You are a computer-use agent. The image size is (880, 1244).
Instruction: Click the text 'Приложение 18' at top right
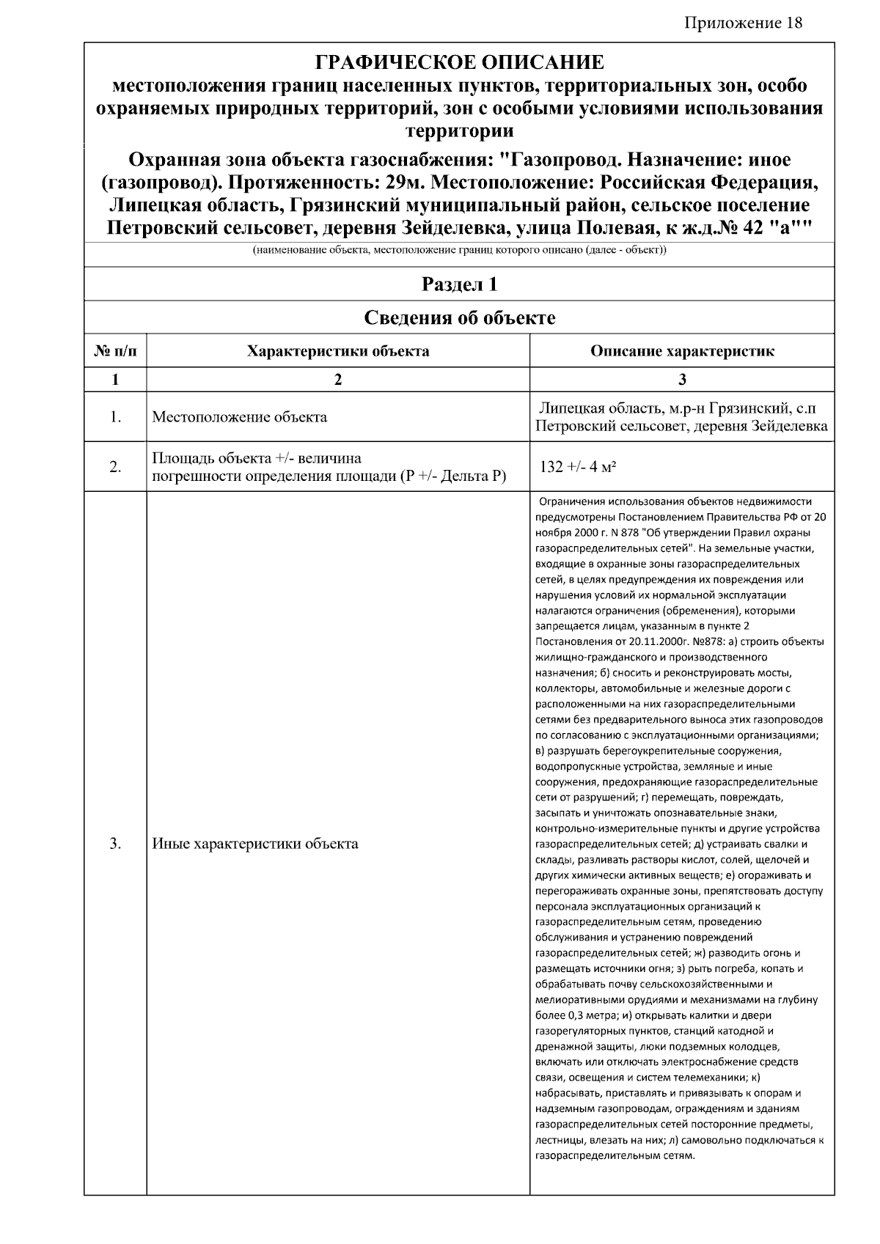coord(744,23)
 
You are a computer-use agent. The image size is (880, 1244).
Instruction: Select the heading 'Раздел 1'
coord(459,284)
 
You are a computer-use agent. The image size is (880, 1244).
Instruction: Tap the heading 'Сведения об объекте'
coord(459,317)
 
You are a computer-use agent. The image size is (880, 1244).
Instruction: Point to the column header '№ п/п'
coord(115,351)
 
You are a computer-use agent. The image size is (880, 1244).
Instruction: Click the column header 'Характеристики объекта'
coord(338,351)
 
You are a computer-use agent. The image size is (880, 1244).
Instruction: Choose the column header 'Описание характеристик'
coord(682,351)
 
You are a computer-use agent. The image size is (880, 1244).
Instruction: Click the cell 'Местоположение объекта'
coord(239,418)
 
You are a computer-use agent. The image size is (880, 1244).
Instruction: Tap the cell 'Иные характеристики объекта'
coord(254,844)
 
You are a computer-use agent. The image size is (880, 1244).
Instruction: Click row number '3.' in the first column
coord(115,844)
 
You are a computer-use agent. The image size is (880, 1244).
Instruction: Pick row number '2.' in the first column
coord(115,467)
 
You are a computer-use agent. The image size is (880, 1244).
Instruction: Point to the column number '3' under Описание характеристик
coord(682,380)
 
